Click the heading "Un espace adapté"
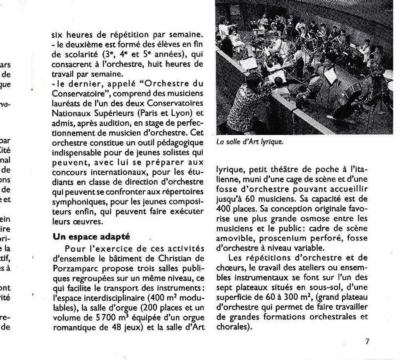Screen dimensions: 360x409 point(91,237)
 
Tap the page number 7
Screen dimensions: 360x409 point(367,341)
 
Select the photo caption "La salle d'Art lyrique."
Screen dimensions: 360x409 point(250,142)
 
